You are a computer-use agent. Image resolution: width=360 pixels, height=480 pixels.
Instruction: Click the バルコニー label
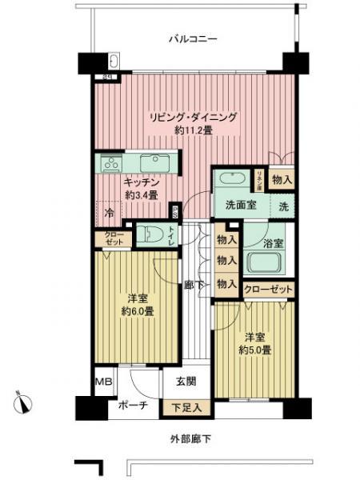click(193, 38)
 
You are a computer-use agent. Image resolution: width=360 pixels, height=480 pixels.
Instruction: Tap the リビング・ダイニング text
click(192, 117)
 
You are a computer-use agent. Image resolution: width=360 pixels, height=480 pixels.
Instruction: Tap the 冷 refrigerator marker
click(110, 214)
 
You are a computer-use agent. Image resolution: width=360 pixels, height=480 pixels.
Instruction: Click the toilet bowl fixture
click(149, 234)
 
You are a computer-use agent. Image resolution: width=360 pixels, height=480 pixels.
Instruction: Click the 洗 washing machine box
click(283, 206)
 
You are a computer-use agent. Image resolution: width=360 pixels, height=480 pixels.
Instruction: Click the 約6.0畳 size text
click(138, 311)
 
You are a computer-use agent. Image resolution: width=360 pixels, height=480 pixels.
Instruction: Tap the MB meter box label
click(104, 382)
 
